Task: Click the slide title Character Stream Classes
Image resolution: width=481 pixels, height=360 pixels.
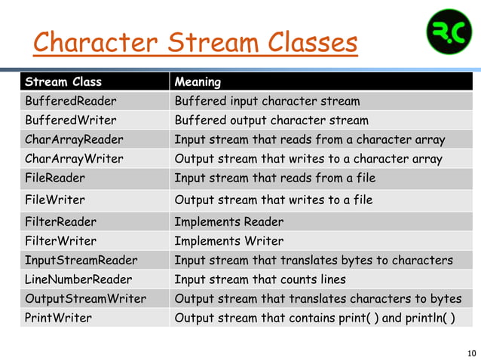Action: click(x=195, y=43)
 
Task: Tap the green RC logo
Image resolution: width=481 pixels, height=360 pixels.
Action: click(x=449, y=32)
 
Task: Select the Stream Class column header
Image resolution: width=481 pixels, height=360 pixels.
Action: click(x=63, y=81)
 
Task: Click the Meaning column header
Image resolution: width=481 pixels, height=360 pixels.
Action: click(x=198, y=81)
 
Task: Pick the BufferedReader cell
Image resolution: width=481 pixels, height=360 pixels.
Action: click(x=66, y=101)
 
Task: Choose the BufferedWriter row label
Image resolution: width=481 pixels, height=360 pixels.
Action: click(x=65, y=121)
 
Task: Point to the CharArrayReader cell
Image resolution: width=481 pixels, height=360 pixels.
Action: click(x=74, y=139)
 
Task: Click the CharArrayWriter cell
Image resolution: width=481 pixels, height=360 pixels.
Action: click(x=72, y=159)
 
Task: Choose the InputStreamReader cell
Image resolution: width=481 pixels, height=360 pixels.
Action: click(x=81, y=261)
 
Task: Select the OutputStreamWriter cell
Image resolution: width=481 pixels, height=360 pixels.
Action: click(x=85, y=298)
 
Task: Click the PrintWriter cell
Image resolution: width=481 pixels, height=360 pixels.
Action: click(x=58, y=318)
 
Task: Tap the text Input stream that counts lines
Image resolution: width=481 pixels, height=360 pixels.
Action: click(x=260, y=279)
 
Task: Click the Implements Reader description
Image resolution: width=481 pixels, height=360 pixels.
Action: click(x=228, y=222)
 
